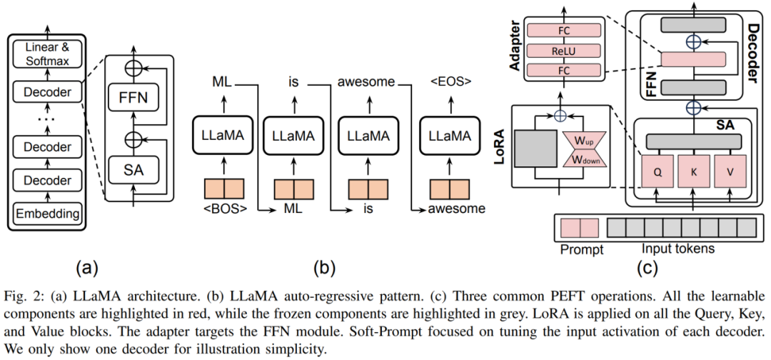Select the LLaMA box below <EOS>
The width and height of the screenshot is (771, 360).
coord(451,136)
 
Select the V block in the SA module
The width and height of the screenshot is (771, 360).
coord(730,171)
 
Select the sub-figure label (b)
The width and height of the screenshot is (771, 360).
coord(323,269)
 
